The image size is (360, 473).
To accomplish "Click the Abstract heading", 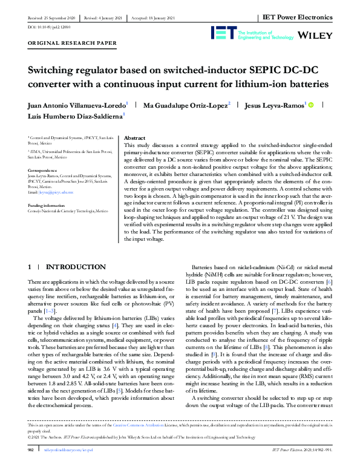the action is [x=134, y=139].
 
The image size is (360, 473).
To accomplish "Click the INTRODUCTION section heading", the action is [x=76, y=267].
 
